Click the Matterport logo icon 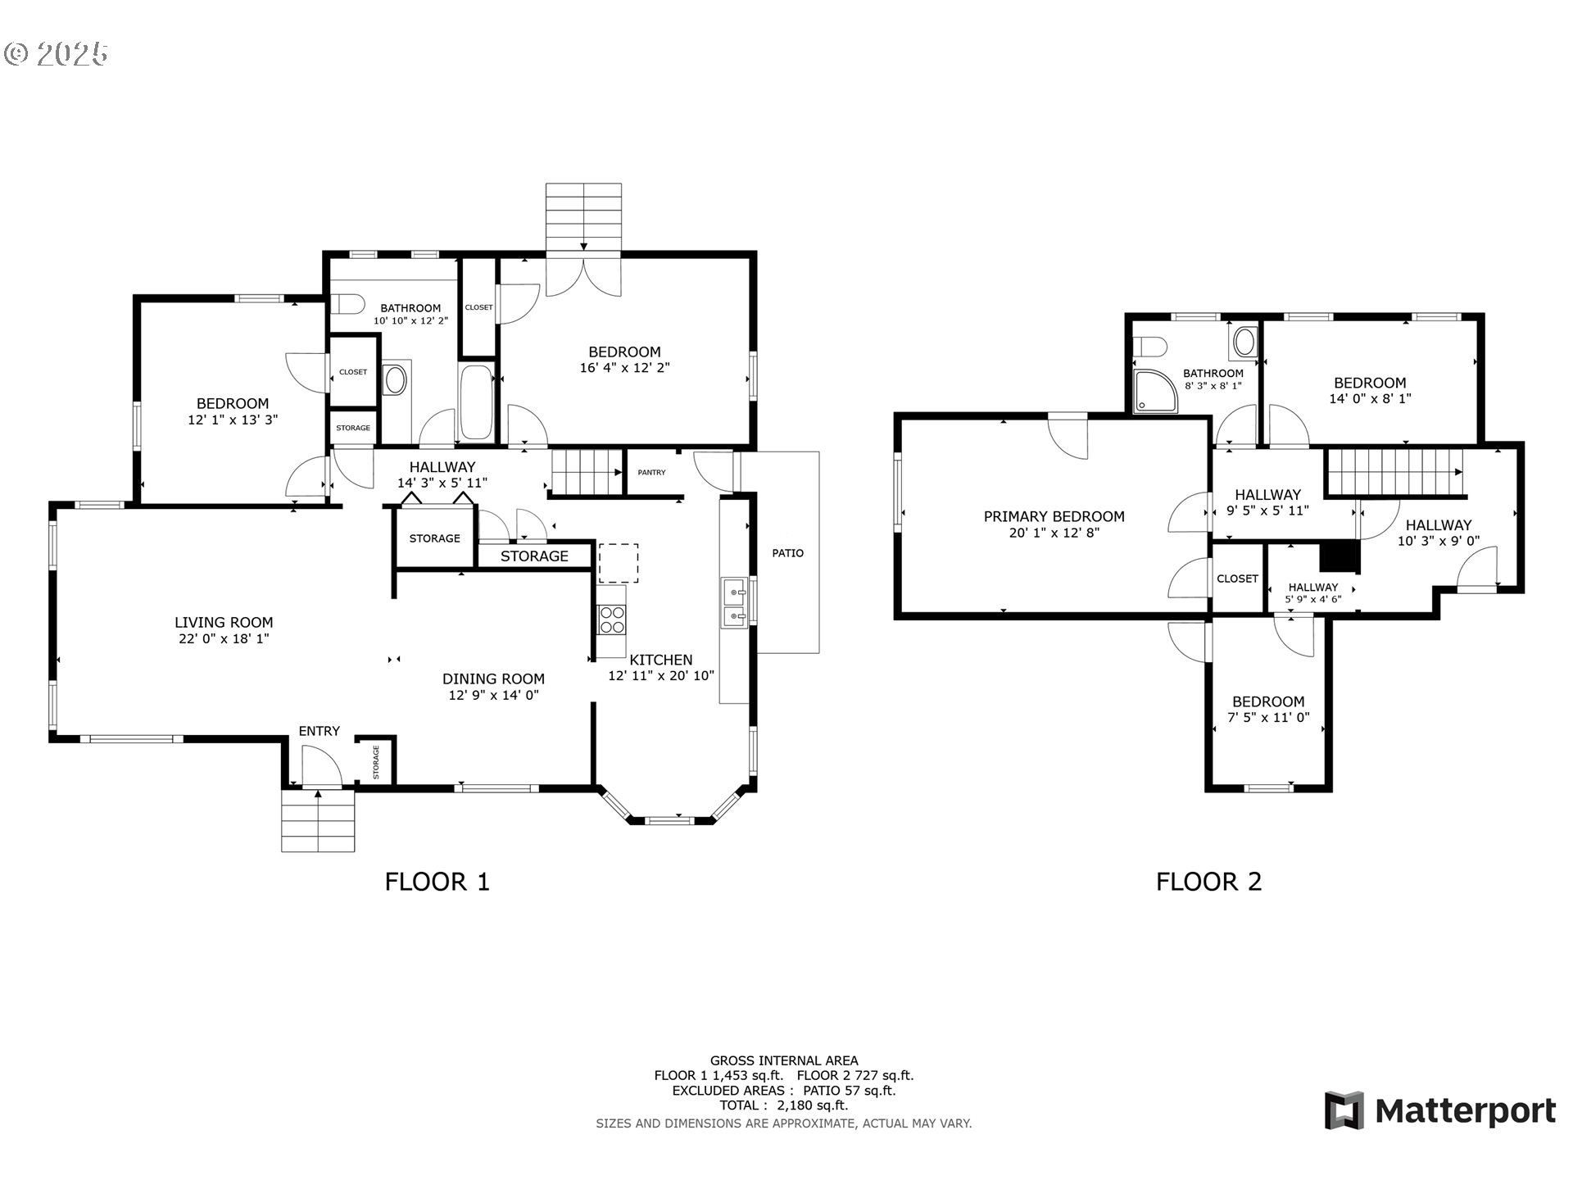click(x=1344, y=1110)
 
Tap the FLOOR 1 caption click(x=437, y=882)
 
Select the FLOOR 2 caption click(x=1208, y=882)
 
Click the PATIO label click(x=788, y=553)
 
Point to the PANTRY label click(x=652, y=472)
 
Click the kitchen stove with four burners click(x=611, y=619)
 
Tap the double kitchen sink click(x=734, y=602)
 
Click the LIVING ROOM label click(x=224, y=623)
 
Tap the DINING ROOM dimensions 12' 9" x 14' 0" click(x=493, y=695)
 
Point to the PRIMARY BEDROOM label click(x=1054, y=516)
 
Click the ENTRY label click(x=319, y=731)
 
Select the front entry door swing click(x=321, y=767)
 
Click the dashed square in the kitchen click(x=619, y=563)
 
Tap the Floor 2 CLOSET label click(x=1237, y=579)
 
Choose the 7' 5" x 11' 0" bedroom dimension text click(x=1268, y=718)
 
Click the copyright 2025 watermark click(x=56, y=54)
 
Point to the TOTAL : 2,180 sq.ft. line click(x=784, y=1105)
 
